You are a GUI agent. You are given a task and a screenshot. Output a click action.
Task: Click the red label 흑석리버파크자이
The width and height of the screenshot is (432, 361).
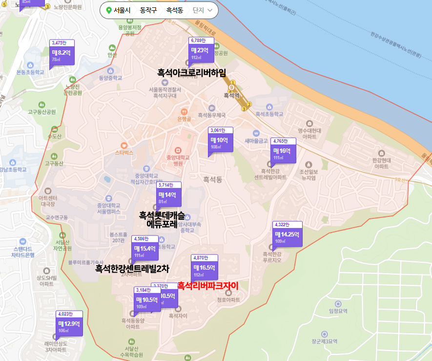(207, 286)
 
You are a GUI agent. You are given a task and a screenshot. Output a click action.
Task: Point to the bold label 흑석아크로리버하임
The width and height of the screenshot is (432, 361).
(192, 73)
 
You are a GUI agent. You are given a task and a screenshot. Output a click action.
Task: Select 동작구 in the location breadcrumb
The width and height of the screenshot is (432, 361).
(148, 10)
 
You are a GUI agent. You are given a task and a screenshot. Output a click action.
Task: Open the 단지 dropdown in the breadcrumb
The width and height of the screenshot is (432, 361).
(202, 10)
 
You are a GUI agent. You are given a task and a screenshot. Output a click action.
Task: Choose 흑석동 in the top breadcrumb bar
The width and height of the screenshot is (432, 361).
(174, 10)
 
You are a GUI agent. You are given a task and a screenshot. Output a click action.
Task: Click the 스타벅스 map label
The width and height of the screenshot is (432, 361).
(124, 152)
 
